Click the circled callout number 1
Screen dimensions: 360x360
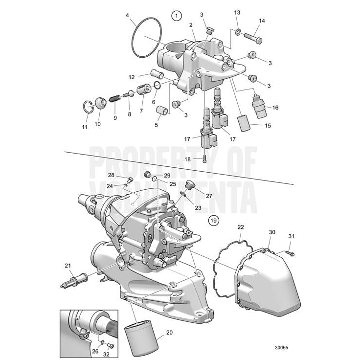(x=176, y=16)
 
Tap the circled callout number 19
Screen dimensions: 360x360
(x=212, y=220)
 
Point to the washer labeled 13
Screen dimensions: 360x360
(x=237, y=32)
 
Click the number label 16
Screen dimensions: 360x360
(x=275, y=108)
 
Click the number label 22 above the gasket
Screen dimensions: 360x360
(x=240, y=227)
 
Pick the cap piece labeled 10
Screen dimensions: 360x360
(x=101, y=103)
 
